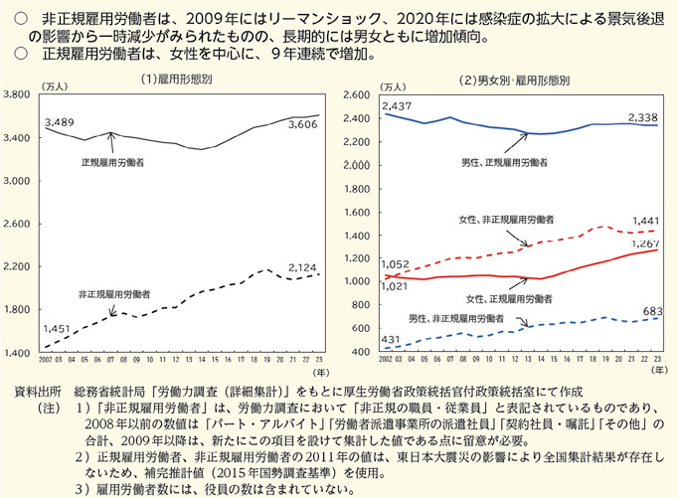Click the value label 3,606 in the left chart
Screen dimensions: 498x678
coord(303,125)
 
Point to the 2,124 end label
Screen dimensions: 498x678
coord(303,266)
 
